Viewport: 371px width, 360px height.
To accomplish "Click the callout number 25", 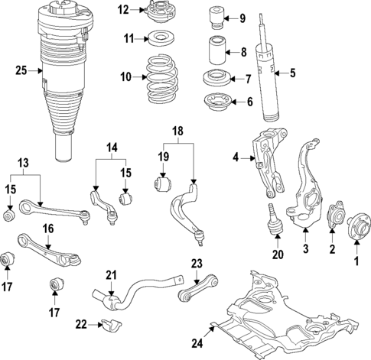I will [x=21, y=71].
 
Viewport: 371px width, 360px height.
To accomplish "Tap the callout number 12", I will [x=124, y=10].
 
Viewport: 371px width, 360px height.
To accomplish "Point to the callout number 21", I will [x=111, y=276].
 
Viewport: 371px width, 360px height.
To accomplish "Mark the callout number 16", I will [x=47, y=228].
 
